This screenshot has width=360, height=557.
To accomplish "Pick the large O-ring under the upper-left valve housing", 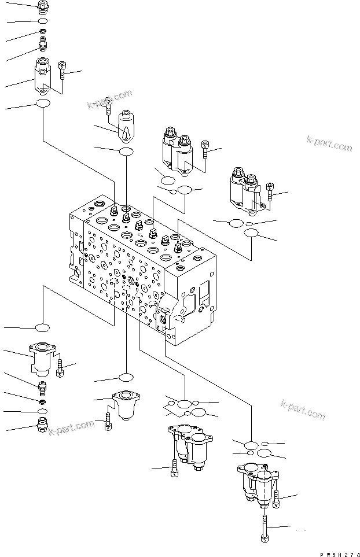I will [43, 104].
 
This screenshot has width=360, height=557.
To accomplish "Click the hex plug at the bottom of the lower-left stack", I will [42, 426].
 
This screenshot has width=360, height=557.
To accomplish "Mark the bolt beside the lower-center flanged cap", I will [108, 423].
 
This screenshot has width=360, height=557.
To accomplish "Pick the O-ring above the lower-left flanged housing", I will [42, 328].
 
